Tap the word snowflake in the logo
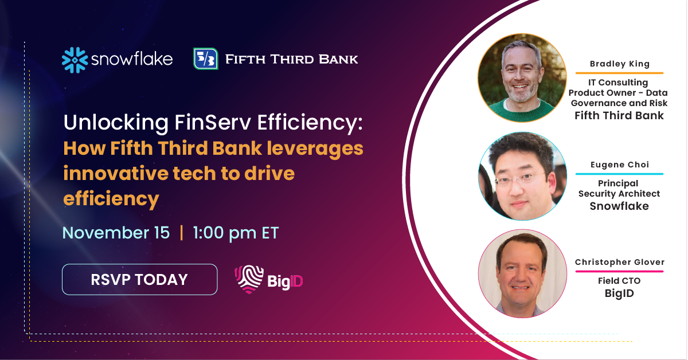point(131,60)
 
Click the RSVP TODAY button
point(139,279)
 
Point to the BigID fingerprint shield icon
point(249,279)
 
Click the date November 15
point(116,233)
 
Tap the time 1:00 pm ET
point(236,233)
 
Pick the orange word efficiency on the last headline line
point(111,198)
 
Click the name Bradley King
point(619,64)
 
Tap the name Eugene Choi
point(619,165)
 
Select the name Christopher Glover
point(619,262)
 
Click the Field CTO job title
point(619,281)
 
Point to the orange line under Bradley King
point(619,73)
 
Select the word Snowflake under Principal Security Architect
point(619,206)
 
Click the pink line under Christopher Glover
point(619,271)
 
